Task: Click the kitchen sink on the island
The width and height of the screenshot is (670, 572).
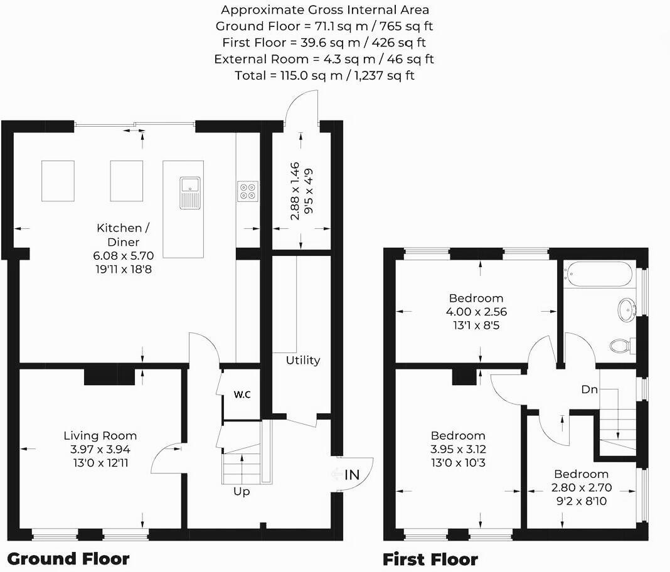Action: click(x=189, y=192)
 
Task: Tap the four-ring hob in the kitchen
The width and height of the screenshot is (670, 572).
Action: click(x=247, y=190)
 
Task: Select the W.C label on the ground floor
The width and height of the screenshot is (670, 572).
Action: click(x=243, y=395)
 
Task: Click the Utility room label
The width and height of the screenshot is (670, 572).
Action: click(x=303, y=360)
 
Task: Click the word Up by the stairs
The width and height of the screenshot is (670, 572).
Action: click(x=242, y=491)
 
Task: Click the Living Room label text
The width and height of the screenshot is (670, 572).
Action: click(x=100, y=435)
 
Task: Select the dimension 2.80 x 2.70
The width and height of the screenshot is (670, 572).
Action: click(x=581, y=487)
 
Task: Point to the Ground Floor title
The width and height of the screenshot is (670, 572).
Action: click(x=68, y=558)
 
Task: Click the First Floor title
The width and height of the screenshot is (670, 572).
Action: click(x=430, y=559)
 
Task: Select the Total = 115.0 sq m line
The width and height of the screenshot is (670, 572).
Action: click(x=324, y=75)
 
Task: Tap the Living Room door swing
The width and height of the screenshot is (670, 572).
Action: click(x=166, y=457)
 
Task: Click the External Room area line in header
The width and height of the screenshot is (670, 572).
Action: click(x=324, y=59)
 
